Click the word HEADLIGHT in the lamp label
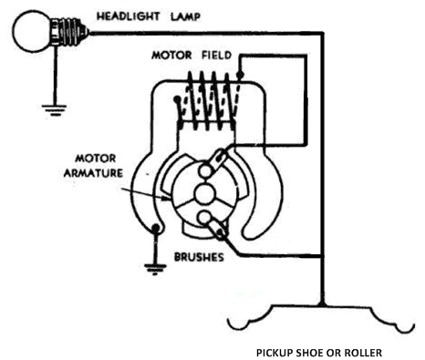128,15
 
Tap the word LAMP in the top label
185,16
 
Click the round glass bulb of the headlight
31,31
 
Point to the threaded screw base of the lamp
70,31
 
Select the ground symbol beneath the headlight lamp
54,110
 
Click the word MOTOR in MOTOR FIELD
171,56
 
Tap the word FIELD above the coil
217,55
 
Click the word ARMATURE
93,173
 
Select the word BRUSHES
199,257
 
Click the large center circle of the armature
204,195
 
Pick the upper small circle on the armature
205,170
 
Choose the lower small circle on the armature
204,218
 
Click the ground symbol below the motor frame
155,269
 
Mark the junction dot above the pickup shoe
322,303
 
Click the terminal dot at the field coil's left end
176,99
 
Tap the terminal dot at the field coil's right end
240,75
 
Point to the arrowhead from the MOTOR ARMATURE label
167,199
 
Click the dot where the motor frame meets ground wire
155,228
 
